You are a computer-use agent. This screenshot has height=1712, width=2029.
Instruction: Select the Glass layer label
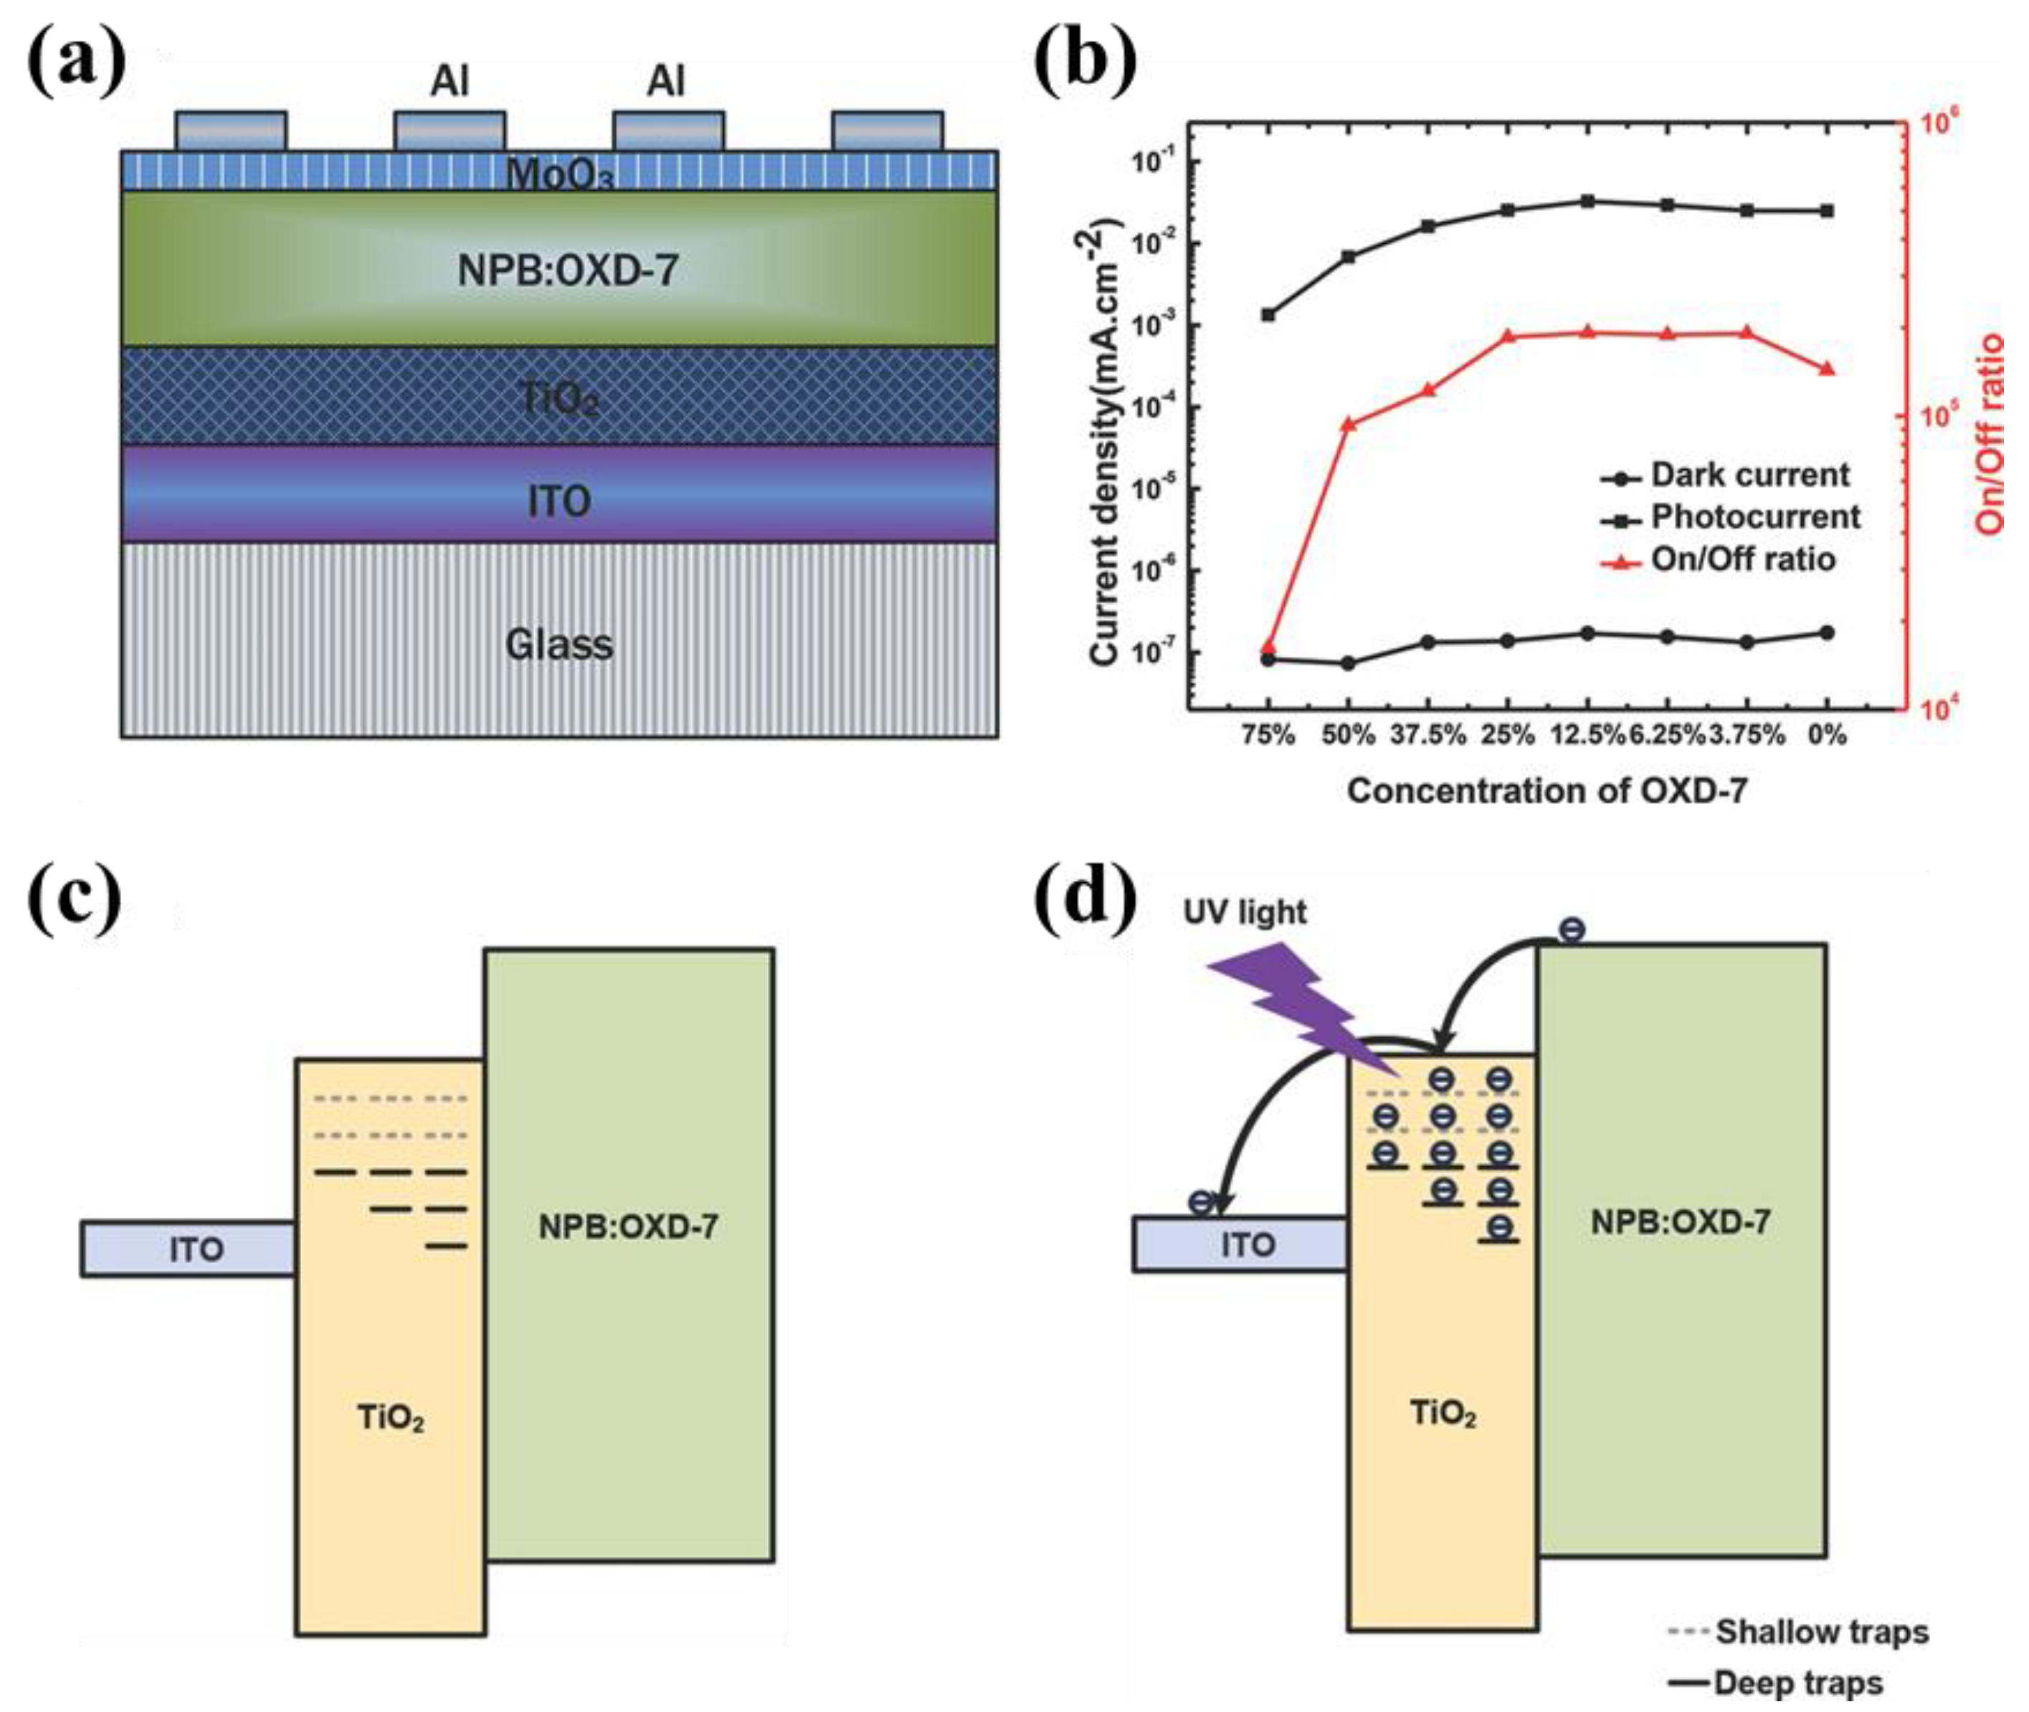(x=559, y=645)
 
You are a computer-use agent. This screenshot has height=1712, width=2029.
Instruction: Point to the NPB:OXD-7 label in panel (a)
(x=568, y=270)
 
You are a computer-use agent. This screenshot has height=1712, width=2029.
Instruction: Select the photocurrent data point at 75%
(x=1268, y=314)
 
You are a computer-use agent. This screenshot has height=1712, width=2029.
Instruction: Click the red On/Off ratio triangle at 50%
(x=1349, y=423)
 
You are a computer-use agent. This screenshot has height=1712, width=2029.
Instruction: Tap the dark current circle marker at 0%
(x=1827, y=633)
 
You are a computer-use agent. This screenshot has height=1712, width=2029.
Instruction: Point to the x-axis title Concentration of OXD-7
(x=1546, y=791)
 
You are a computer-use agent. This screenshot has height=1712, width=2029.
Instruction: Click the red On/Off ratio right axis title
(x=1990, y=434)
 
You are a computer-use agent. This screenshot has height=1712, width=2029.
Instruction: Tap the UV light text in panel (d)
(x=1245, y=912)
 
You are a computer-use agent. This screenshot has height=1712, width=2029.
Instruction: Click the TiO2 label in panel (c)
(x=390, y=1418)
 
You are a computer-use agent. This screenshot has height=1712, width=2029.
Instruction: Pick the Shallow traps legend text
(x=1821, y=1632)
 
